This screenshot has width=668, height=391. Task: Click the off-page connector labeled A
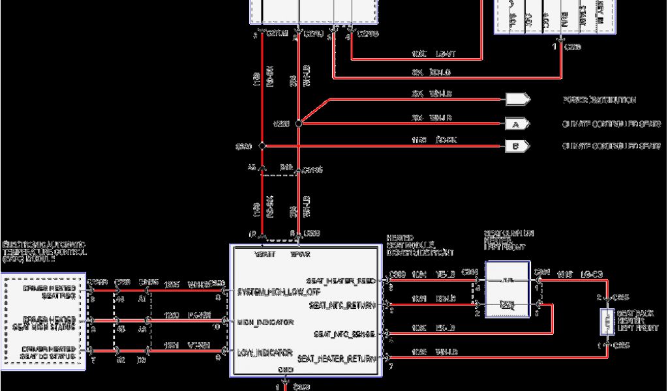pyautogui.click(x=514, y=123)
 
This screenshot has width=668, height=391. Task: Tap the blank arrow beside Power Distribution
pyautogui.click(x=517, y=100)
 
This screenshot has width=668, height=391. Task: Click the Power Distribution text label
pyautogui.click(x=599, y=100)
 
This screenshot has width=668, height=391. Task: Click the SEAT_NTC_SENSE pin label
pyautogui.click(x=344, y=334)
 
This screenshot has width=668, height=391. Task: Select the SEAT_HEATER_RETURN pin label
pyautogui.click(x=337, y=358)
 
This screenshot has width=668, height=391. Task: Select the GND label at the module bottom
pyautogui.click(x=286, y=370)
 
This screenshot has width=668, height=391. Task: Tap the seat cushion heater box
pyautogui.click(x=506, y=291)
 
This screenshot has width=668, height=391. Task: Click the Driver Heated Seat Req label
pyautogui.click(x=50, y=291)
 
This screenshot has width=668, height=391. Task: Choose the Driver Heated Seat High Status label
pyautogui.click(x=50, y=322)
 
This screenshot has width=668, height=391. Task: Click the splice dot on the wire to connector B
pyautogui.click(x=262, y=146)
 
